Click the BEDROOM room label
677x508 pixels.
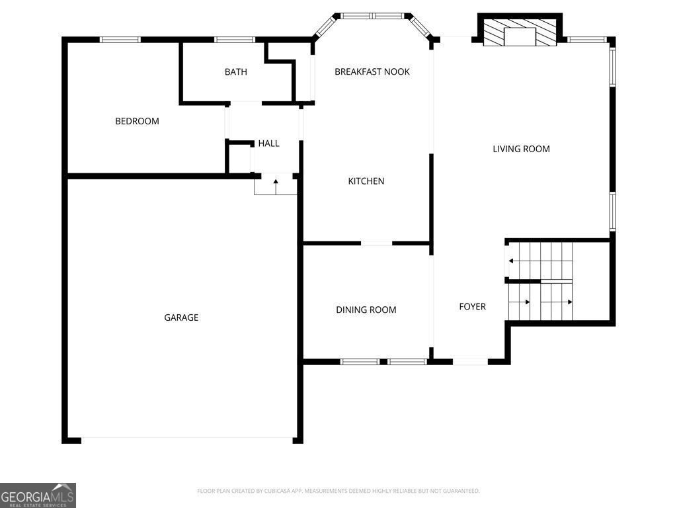(137, 122)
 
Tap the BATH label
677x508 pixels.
(236, 71)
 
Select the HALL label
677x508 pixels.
(268, 144)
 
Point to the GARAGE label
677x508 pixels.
(181, 317)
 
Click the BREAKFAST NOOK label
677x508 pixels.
(372, 71)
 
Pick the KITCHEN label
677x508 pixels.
(366, 181)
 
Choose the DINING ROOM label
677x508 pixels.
(366, 310)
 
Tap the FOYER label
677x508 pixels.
(472, 307)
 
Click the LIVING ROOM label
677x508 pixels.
(521, 149)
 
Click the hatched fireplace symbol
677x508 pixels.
(520, 32)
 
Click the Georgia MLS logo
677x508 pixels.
(38, 495)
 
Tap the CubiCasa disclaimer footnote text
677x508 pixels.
(338, 491)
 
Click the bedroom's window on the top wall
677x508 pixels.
(120, 40)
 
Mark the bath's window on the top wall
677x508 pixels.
(235, 40)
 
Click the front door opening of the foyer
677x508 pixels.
(470, 362)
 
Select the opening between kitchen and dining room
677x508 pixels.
(376, 243)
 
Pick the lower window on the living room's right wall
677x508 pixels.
(612, 211)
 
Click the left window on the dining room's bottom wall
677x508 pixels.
(360, 362)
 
